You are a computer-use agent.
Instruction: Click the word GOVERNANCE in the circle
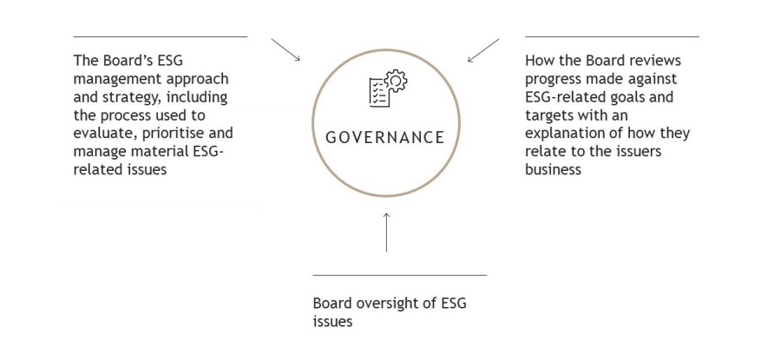pos(385,138)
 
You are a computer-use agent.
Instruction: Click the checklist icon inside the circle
pos(378,92)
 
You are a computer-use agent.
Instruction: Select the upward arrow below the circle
pos(386,232)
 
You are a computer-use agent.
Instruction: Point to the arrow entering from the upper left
pos(285,49)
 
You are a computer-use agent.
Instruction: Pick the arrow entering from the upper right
pos(483,50)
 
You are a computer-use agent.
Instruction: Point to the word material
pos(156,152)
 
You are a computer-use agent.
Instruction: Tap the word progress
pos(553,79)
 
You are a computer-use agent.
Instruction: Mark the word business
pos(553,170)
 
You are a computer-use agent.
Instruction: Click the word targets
pos(553,115)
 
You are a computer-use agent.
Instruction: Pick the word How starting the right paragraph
pos(539,61)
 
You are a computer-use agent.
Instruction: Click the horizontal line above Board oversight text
pos(399,275)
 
